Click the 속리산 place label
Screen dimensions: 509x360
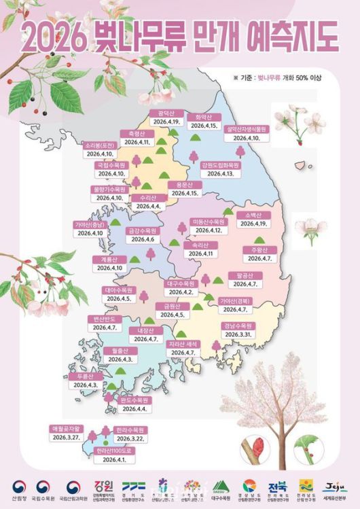(200, 245)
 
